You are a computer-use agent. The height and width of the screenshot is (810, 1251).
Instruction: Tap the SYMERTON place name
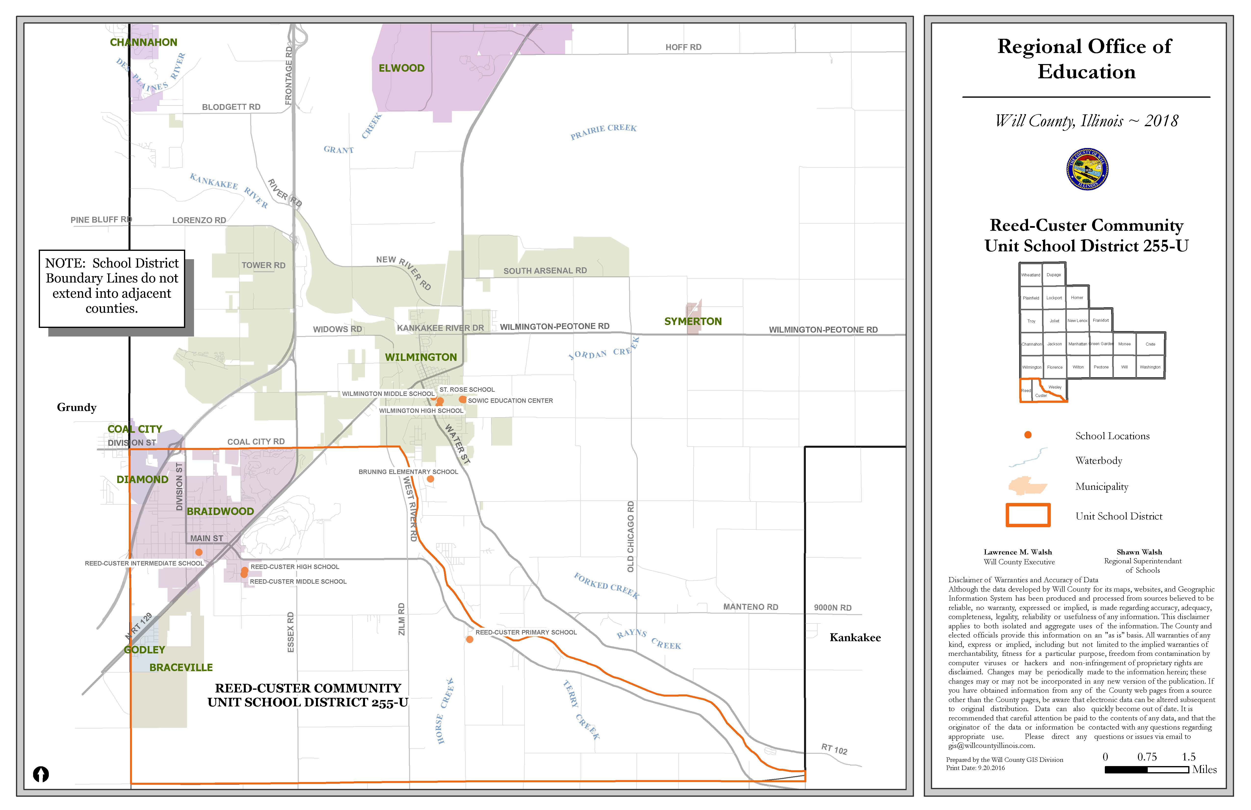[693, 321]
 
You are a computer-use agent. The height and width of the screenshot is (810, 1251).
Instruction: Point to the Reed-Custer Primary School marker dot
[469, 640]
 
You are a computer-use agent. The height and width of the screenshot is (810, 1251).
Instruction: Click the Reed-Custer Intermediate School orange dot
[199, 552]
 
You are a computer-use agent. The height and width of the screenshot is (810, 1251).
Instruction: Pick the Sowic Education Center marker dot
[462, 400]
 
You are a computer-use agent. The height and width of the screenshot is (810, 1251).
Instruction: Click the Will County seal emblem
[1087, 169]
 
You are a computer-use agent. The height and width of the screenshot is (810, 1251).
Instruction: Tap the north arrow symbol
[41, 774]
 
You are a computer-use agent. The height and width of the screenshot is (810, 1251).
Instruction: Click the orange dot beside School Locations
[1028, 435]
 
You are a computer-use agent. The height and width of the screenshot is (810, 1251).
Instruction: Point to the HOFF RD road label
[683, 47]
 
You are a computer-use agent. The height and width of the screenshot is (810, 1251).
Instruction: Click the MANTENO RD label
[751, 607]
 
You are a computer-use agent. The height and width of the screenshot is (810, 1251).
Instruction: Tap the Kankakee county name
[855, 637]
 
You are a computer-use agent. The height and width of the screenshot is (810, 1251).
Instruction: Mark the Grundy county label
[77, 408]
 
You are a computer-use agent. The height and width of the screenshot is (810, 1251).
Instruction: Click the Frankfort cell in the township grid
[1101, 320]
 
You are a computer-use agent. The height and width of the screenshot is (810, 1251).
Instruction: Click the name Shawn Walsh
[1139, 552]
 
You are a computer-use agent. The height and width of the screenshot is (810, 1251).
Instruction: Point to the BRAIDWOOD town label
[220, 511]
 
